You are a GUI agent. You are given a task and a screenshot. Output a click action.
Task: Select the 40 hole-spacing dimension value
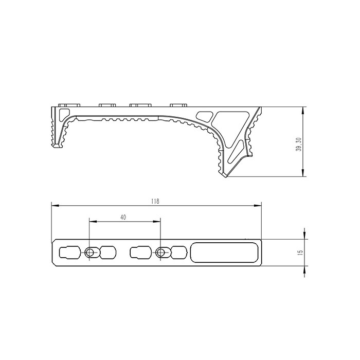coord(123,218)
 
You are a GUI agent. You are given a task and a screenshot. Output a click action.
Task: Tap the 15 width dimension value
coord(300,253)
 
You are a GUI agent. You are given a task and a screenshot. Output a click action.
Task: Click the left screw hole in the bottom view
coord(91,253)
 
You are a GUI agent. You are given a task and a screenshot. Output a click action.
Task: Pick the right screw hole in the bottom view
coord(161,253)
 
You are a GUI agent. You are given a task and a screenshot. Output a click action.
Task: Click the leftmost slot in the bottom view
coord(70,253)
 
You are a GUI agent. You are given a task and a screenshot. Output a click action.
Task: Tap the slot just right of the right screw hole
coord(178,253)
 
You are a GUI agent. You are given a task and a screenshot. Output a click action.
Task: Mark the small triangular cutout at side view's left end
coord(64,113)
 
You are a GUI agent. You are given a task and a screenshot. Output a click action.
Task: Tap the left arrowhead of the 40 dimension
coord(92,222)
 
